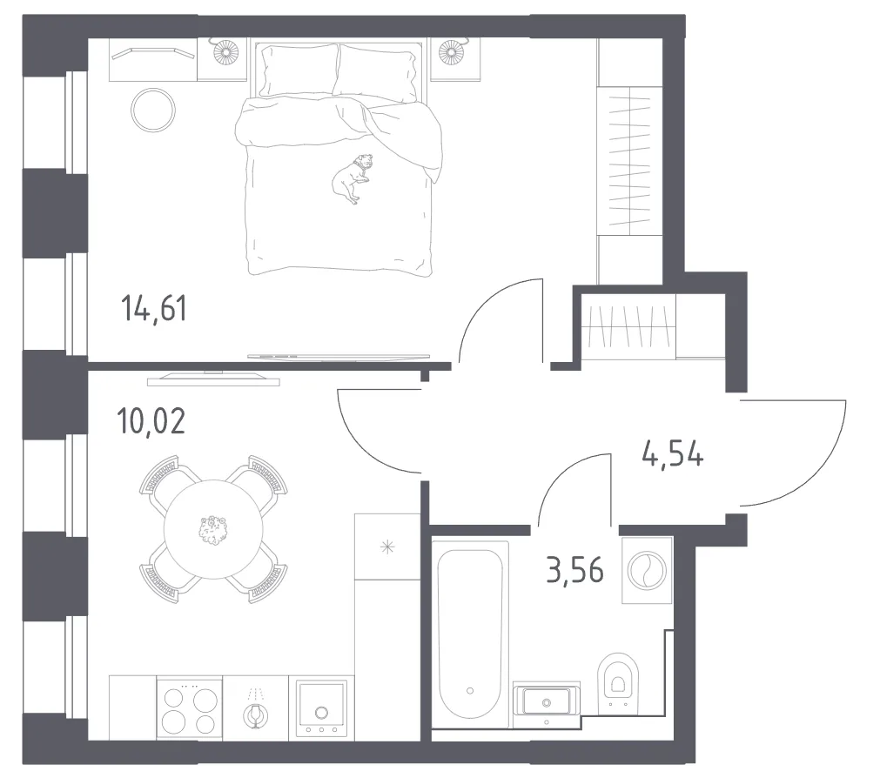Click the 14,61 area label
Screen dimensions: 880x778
coord(154,309)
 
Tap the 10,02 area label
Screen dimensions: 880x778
coord(151,420)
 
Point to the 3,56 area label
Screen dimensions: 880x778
coord(574,571)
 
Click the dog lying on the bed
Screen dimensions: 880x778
coord(352,178)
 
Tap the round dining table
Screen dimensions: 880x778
coord(213,529)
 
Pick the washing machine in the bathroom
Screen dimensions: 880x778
coord(647,571)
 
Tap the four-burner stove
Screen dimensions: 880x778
coord(190,708)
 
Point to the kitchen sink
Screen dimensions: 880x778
coord(321,708)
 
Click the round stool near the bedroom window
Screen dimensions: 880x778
coord(152,110)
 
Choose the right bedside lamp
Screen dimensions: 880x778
coord(451,51)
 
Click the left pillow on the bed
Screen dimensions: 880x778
coord(299,70)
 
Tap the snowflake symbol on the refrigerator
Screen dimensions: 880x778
coord(387,547)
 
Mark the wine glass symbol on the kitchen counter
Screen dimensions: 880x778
coord(255,708)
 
